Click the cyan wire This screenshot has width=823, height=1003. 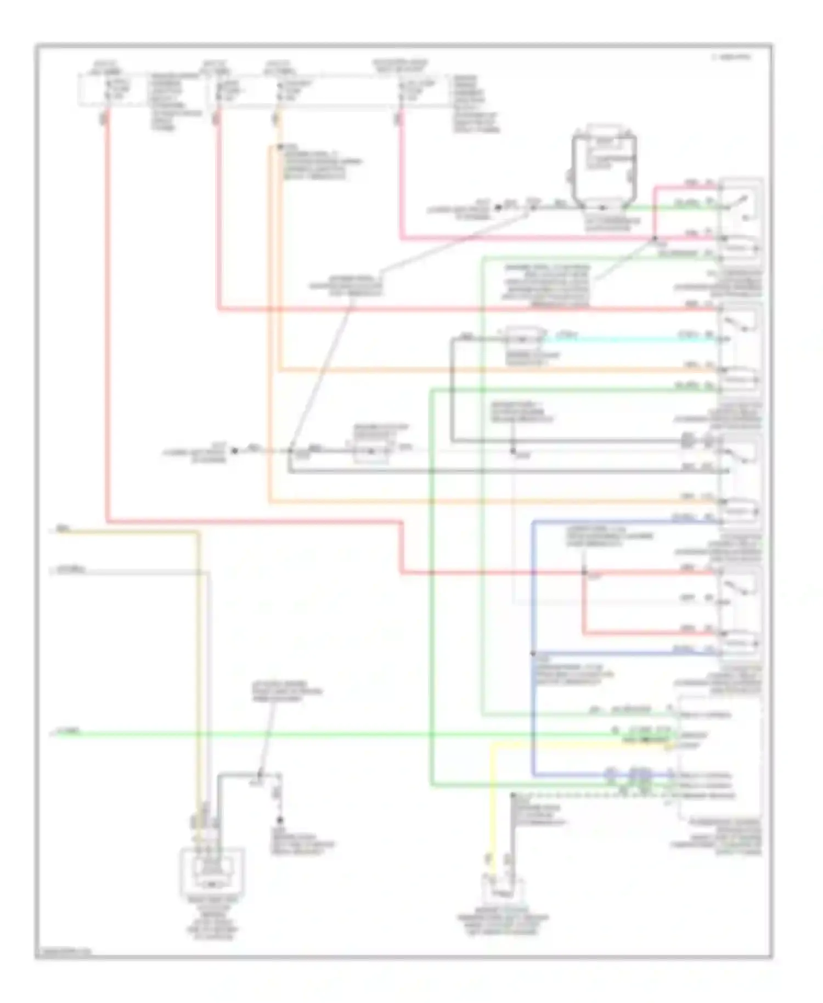[631, 339]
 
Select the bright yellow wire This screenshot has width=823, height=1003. [576, 744]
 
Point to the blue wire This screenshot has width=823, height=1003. [532, 604]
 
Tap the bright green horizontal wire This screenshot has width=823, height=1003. [329, 733]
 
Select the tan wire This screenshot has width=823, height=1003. [198, 658]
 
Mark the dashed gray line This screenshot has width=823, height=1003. [593, 794]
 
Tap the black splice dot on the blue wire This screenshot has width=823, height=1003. [532, 653]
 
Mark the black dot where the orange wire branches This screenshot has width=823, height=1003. [279, 147]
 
